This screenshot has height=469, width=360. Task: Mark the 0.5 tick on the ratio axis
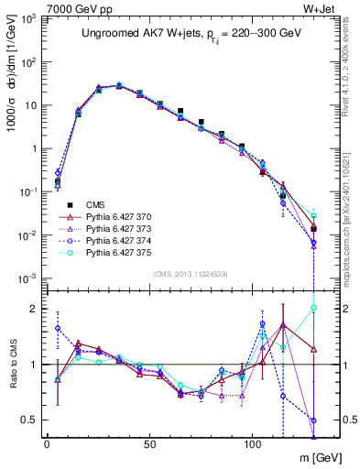[x=29, y=420]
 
